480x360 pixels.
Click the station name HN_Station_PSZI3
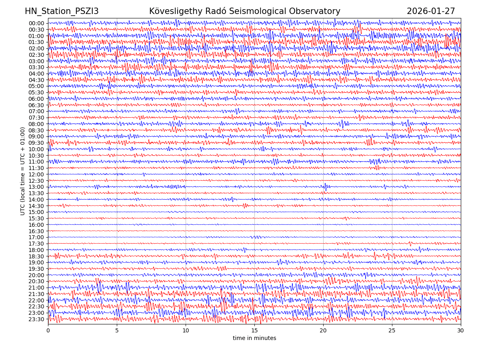pyautogui.click(x=62, y=11)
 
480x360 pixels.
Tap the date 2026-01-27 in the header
pyautogui.click(x=431, y=11)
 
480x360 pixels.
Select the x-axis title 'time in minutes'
pyautogui.click(x=254, y=338)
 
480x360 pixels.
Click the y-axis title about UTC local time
pyautogui.click(x=23, y=171)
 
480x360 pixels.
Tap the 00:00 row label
pyautogui.click(x=36, y=23)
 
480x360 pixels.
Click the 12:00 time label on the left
pyautogui.click(x=36, y=174)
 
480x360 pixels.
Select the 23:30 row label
pyautogui.click(x=36, y=319)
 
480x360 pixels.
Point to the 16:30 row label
pyautogui.click(x=36, y=231)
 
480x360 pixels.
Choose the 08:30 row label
pyautogui.click(x=36, y=130)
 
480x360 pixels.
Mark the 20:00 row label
pyautogui.click(x=36, y=275)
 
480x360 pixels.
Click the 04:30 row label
pyautogui.click(x=36, y=80)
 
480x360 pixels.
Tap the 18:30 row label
pyautogui.click(x=36, y=256)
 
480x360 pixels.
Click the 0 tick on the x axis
pyautogui.click(x=48, y=331)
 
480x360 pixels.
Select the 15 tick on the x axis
pyautogui.click(x=254, y=331)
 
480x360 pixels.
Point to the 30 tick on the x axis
pyautogui.click(x=461, y=331)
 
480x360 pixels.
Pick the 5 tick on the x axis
pyautogui.click(x=117, y=331)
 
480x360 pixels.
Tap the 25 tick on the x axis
pyautogui.click(x=392, y=331)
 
